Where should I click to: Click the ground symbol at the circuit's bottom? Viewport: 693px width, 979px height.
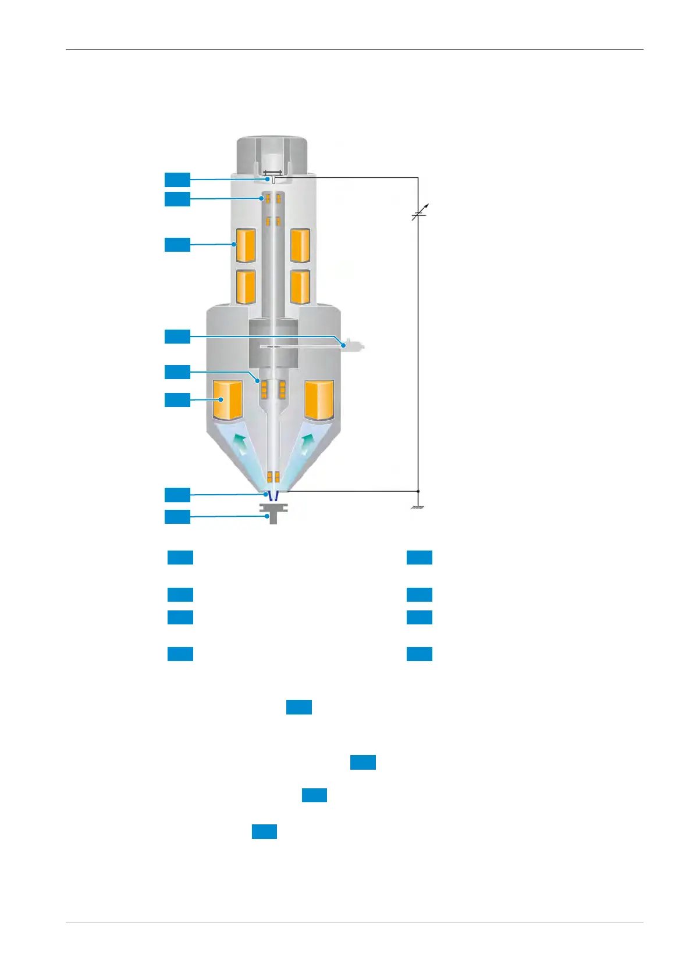coord(418,507)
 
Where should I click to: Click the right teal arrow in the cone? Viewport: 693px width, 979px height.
coord(307,445)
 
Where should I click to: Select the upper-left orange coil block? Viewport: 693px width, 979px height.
coord(245,245)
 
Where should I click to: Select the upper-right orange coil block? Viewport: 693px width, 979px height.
coord(300,245)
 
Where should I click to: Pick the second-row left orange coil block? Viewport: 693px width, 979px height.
coord(245,287)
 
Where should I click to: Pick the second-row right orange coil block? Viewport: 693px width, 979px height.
coord(300,287)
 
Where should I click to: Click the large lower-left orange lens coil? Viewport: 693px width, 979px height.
coord(228,400)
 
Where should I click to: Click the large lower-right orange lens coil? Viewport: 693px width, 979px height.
coord(319,400)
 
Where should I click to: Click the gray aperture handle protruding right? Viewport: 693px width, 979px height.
coord(353,346)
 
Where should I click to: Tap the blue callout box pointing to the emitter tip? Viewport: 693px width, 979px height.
coord(177,180)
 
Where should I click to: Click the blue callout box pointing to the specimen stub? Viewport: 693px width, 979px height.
coord(177,517)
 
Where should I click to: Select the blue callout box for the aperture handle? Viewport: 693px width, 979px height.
coord(177,337)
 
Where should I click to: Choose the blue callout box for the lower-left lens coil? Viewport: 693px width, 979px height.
coord(177,400)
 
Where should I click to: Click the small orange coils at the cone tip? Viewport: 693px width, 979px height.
coord(273,477)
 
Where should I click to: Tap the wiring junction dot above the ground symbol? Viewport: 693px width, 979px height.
coord(418,491)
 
